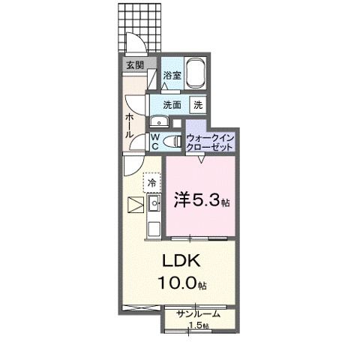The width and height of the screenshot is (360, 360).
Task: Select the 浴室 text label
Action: pyautogui.click(x=172, y=76)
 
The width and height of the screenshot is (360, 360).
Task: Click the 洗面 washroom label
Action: pyautogui.click(x=172, y=105)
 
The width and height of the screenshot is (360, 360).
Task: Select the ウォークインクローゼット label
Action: pyautogui.click(x=211, y=142)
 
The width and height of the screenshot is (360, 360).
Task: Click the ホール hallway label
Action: pyautogui.click(x=130, y=124)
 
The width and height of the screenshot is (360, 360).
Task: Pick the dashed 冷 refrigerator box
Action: pyautogui.click(x=151, y=182)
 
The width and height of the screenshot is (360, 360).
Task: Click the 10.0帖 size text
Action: pyautogui.click(x=181, y=283)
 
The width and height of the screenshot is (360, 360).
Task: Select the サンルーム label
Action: pyautogui.click(x=199, y=313)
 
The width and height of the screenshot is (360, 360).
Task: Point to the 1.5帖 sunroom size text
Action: pyautogui.click(x=199, y=325)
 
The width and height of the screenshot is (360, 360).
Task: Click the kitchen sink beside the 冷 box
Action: pyautogui.click(x=154, y=202)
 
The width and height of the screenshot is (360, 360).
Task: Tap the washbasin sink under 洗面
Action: pyautogui.click(x=158, y=122)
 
